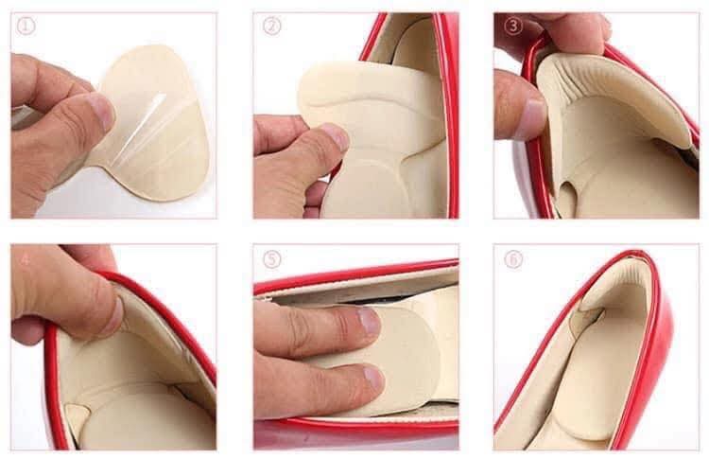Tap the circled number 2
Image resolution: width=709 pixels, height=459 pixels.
272,26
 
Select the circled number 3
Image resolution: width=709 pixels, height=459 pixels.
513,26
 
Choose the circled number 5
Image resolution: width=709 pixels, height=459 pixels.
272,258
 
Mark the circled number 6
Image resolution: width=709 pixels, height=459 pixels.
513,258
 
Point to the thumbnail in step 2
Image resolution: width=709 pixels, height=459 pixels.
333,137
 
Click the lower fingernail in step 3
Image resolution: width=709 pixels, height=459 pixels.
532,118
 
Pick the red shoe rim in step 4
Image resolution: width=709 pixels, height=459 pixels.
161,303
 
